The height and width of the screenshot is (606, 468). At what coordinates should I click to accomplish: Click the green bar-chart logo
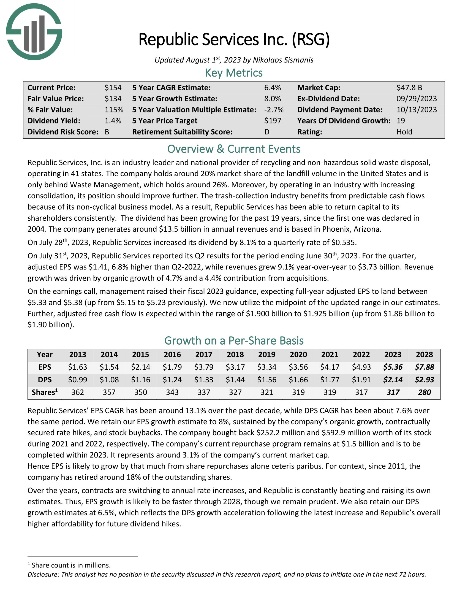[34, 32]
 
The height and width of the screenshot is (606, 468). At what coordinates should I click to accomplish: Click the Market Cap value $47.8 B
[409, 88]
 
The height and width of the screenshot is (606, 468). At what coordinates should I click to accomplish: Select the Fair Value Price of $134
[113, 99]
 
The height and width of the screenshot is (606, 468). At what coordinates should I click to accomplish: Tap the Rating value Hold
[404, 132]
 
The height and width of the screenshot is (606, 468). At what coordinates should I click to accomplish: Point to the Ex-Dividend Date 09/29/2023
[417, 99]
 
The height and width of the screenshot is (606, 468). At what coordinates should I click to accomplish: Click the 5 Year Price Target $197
[273, 121]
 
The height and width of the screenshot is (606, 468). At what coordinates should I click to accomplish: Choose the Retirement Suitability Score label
[182, 132]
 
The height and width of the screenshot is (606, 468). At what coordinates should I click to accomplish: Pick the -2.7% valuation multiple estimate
[274, 110]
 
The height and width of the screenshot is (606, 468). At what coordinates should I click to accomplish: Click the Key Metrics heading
[234, 73]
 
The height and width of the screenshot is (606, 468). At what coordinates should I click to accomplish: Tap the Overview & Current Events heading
[234, 149]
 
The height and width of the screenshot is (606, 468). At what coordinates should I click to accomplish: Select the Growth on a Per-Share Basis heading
[234, 340]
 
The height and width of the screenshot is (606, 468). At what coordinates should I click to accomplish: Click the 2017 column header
[204, 355]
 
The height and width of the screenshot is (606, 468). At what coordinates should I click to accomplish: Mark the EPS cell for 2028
[424, 367]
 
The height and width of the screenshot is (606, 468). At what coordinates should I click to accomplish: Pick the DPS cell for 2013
[78, 380]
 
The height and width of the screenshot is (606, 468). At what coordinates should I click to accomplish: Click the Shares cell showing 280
[424, 392]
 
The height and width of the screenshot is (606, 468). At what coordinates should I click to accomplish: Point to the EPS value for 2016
[172, 367]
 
